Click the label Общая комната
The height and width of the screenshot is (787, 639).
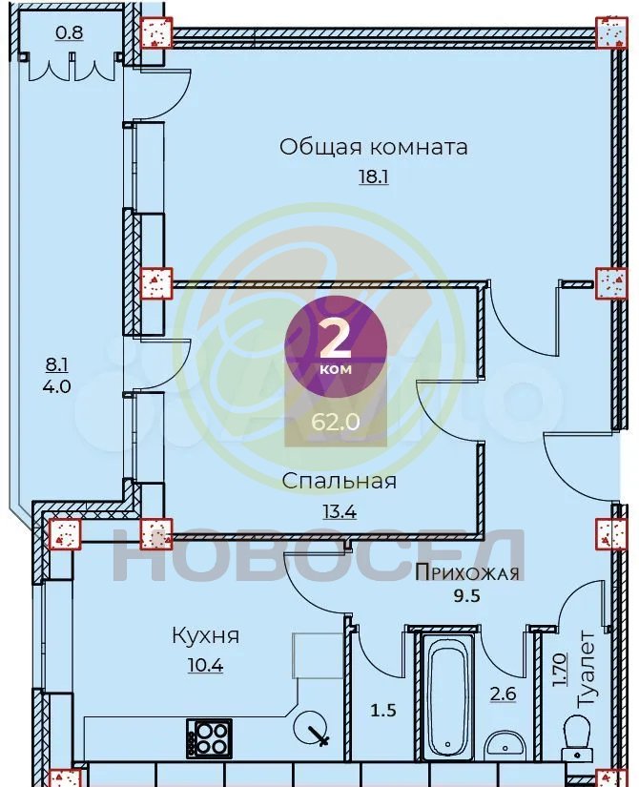coord(374,148)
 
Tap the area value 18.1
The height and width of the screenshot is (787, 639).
coord(374,176)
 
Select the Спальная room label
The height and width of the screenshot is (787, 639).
coord(340,481)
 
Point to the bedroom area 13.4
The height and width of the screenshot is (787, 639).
coord(340,511)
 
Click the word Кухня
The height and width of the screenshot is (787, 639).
coord(206,636)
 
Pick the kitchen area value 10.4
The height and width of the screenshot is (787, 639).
coord(206,666)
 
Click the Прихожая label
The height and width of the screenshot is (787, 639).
coord(467,572)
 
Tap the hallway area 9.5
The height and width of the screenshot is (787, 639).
coord(467,596)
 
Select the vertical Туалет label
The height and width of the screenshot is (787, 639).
coord(586,670)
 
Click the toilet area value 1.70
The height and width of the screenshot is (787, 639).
coord(559,670)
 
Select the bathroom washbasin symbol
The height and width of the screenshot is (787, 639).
coord(504,746)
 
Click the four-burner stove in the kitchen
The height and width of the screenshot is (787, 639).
coord(209,738)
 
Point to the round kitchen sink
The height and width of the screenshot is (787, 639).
coord(310,728)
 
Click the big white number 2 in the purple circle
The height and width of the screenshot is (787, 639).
coord(335,339)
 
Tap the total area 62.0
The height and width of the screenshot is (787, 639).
coord(336,422)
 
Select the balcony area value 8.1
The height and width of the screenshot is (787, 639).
coord(56,365)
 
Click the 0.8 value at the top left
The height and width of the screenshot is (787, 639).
coord(70,33)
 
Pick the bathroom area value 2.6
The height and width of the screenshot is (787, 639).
coord(503,694)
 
